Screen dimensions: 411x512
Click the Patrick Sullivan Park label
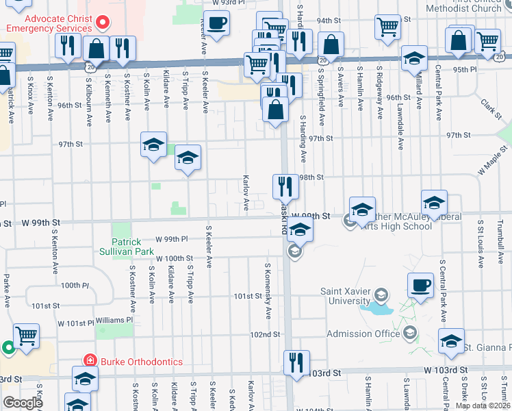coord(127,247)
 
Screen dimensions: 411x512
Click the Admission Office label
coord(363,334)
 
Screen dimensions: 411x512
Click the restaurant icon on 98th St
coord(285,186)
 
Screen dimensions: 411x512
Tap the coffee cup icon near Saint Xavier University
coord(420,283)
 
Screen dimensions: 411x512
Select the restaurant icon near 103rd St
coord(296,362)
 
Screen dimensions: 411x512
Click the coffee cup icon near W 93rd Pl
coord(217,23)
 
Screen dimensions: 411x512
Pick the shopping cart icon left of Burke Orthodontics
coord(26,335)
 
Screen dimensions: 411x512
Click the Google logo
coord(22,403)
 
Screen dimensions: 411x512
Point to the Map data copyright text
coord(483,406)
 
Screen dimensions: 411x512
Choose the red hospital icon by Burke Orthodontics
coord(89,360)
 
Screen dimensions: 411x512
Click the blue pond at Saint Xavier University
coord(376,309)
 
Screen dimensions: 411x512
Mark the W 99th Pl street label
coord(172,239)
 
